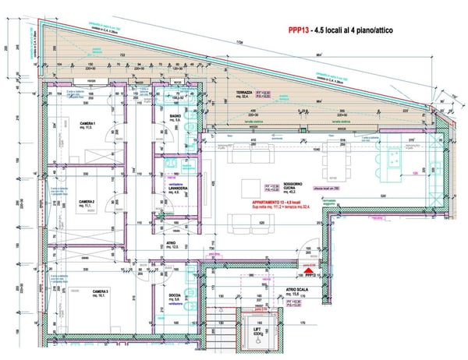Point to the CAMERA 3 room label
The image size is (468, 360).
coord(97,292)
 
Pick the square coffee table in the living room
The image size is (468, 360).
coord(253,187)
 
